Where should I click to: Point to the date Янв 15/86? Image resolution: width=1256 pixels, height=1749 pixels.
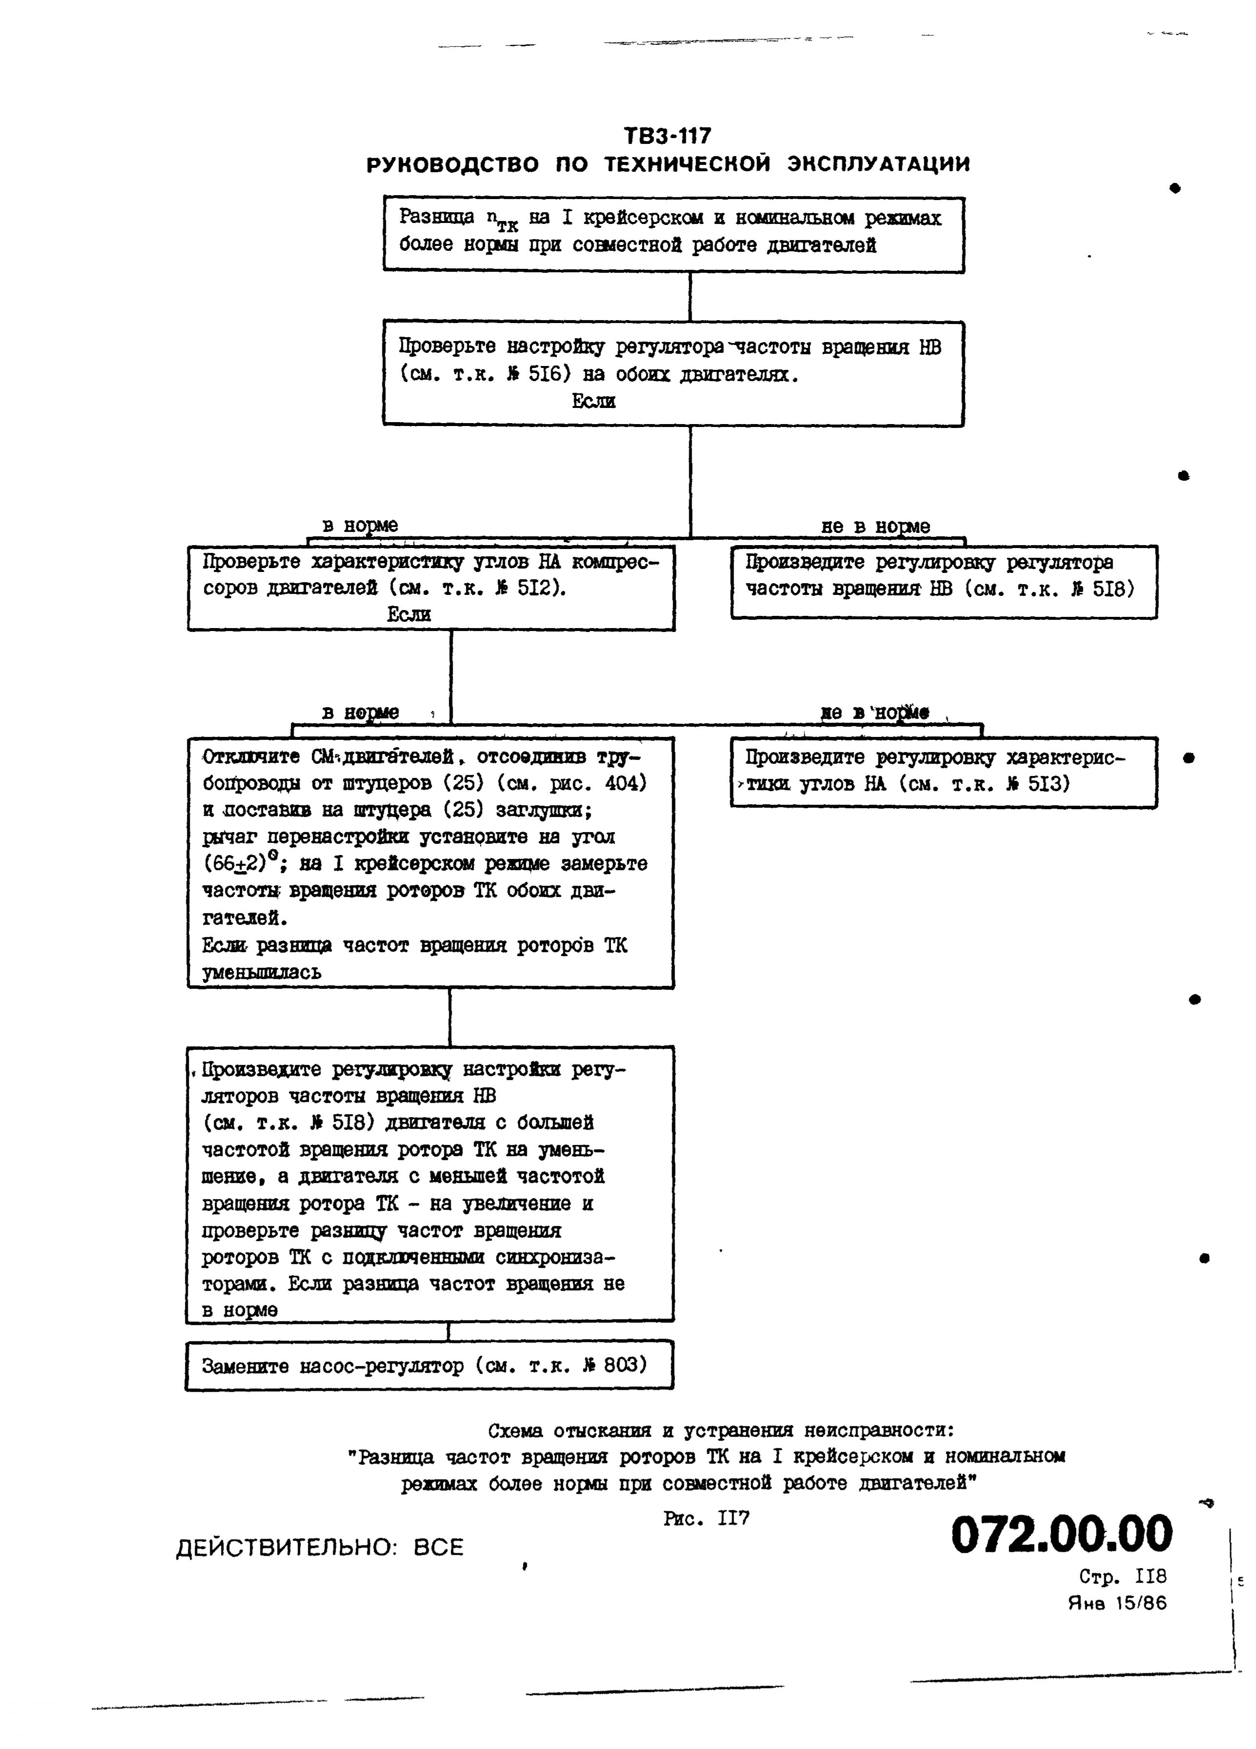click(1116, 1603)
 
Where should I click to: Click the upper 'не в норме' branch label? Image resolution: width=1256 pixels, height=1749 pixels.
click(875, 527)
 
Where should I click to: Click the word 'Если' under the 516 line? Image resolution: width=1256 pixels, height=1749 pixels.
click(594, 401)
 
